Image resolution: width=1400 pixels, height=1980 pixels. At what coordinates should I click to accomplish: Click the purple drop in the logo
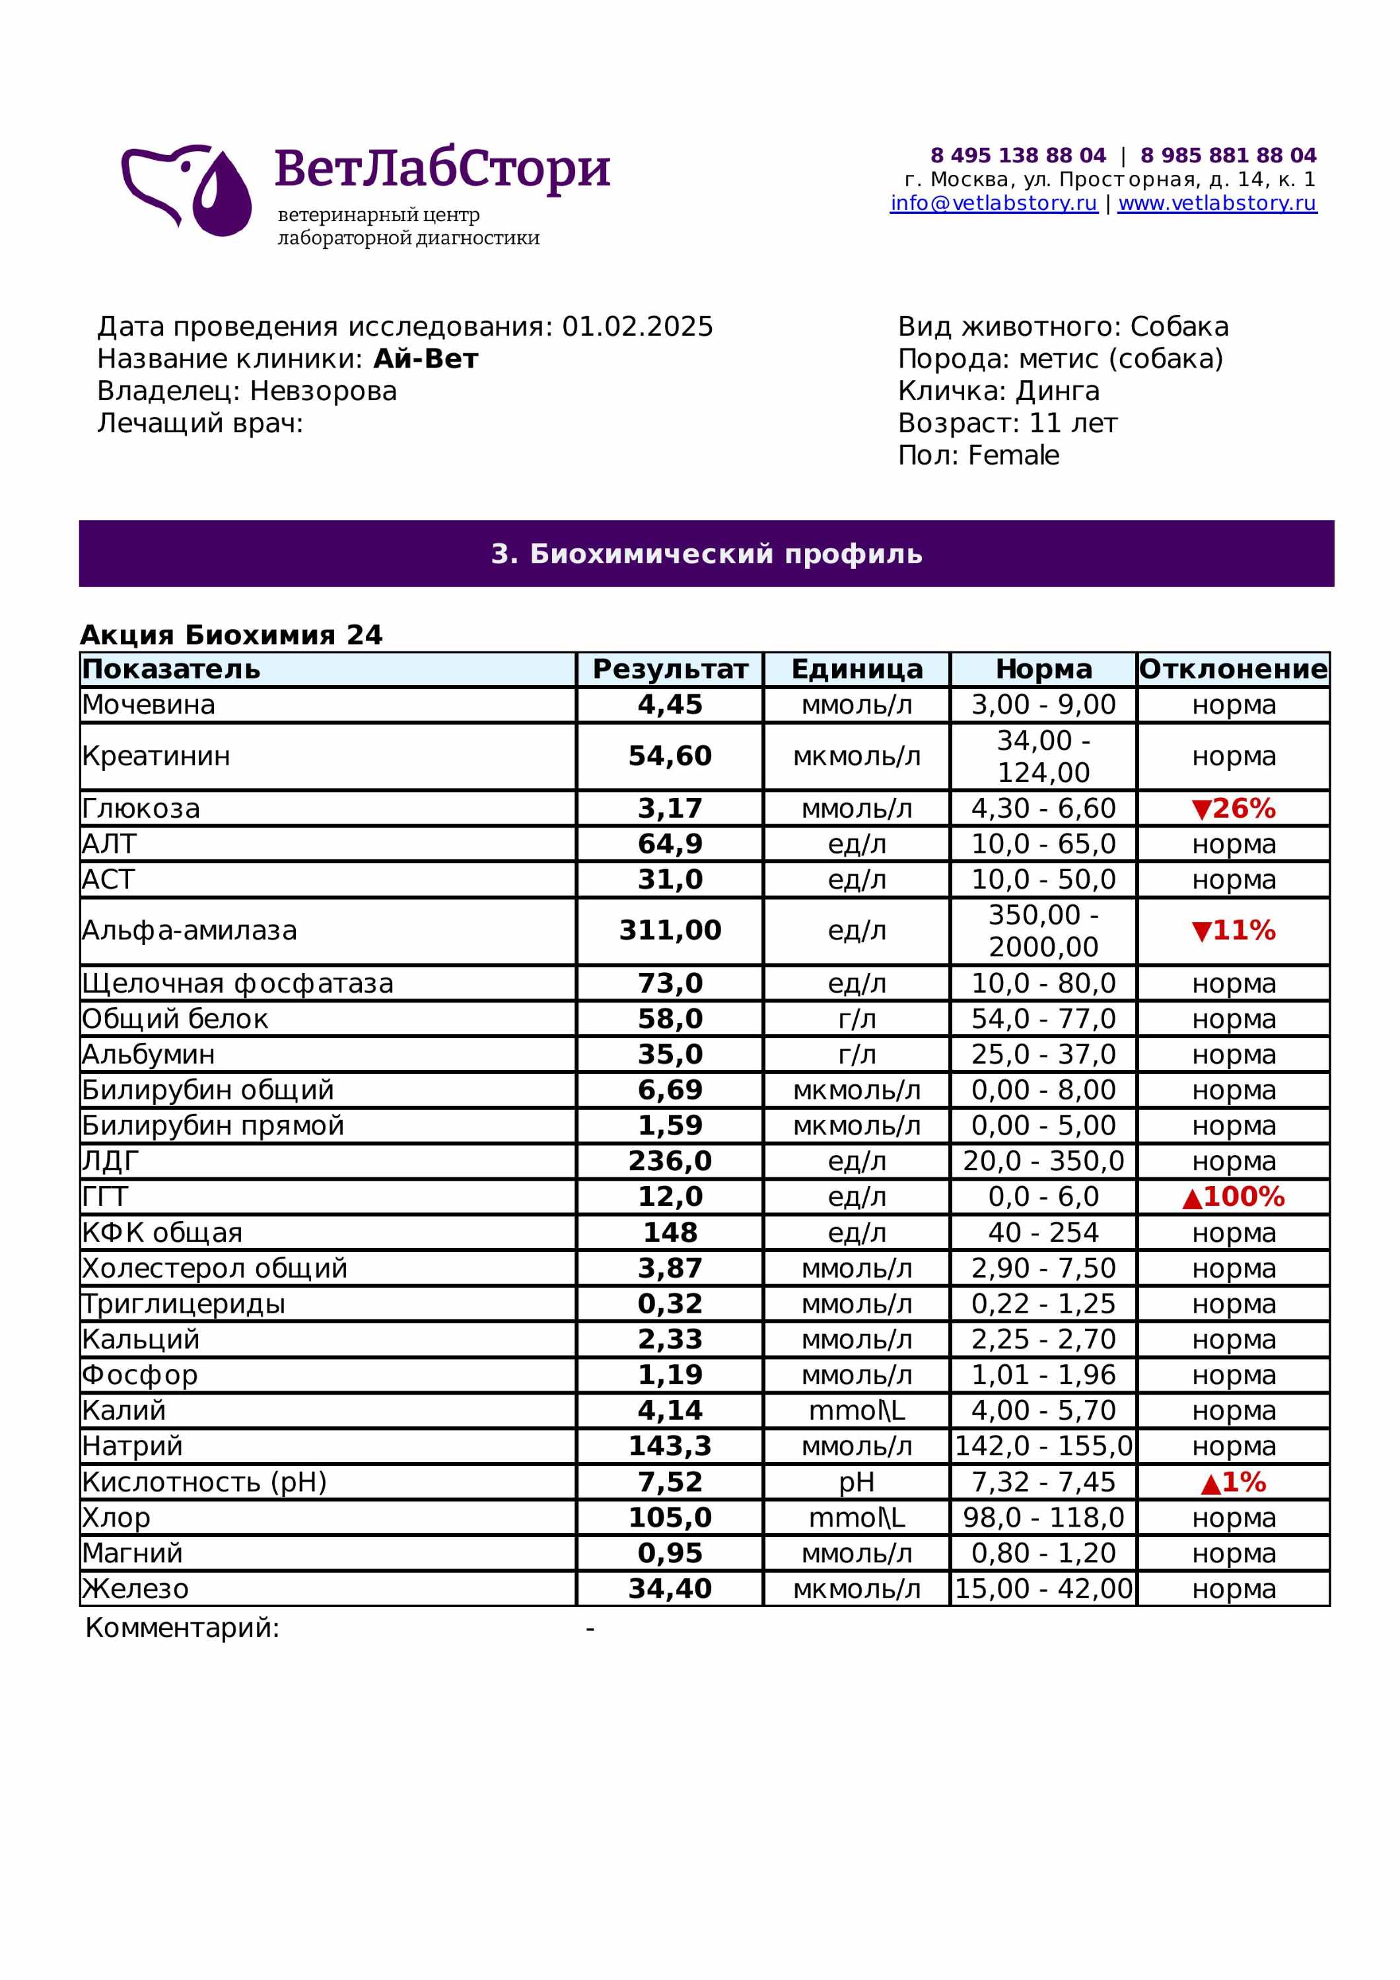point(223,197)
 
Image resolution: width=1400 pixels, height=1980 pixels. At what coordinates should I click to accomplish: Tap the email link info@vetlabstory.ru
point(993,203)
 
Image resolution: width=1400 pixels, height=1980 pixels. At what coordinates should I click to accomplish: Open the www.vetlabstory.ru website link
point(1216,203)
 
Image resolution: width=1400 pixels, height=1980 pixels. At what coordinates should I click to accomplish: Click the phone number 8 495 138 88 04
point(1017,155)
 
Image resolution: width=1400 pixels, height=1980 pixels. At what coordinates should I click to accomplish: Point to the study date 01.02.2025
point(637,327)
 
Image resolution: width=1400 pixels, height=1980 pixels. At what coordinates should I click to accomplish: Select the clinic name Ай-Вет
point(425,359)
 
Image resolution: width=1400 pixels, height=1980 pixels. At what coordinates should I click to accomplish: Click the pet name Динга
point(1057,391)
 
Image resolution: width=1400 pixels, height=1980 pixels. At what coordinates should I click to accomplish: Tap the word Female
point(1014,455)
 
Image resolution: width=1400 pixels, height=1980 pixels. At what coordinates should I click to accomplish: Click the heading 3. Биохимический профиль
point(707,554)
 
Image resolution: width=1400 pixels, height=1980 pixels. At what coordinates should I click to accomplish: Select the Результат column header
point(670,669)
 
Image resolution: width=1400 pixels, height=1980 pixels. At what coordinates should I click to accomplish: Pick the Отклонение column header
point(1233,669)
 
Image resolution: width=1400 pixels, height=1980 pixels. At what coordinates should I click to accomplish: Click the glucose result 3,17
point(670,809)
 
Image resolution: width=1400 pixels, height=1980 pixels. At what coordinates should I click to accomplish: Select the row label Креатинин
point(156,756)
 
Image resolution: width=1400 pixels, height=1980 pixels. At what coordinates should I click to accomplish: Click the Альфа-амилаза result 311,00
point(670,931)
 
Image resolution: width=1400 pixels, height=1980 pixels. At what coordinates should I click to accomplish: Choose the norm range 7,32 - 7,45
point(1043,1482)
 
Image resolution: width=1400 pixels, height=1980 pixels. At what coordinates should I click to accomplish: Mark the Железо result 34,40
point(670,1589)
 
